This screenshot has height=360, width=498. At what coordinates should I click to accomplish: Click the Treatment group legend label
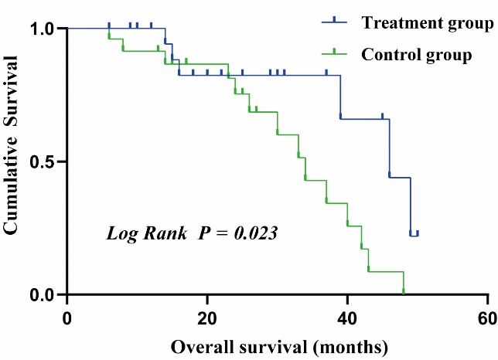pyautogui.click(x=427, y=22)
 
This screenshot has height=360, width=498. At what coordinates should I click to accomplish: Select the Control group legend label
pyautogui.click(x=417, y=55)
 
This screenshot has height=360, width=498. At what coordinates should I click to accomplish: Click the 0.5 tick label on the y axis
pyautogui.click(x=43, y=162)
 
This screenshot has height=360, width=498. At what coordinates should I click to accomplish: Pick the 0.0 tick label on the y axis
pyautogui.click(x=43, y=295)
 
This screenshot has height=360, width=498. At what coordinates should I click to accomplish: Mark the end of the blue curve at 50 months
pyautogui.click(x=418, y=234)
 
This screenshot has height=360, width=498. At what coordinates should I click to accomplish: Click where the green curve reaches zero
pyautogui.click(x=404, y=294)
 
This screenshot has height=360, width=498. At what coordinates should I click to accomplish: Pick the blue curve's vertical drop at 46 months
pyautogui.click(x=389, y=148)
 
